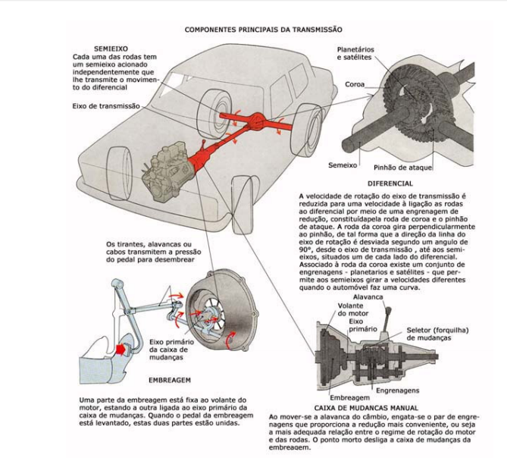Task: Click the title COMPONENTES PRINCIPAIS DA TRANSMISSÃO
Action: (x=263, y=29)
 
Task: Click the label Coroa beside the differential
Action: (x=357, y=84)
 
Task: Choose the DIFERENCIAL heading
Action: (x=390, y=183)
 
